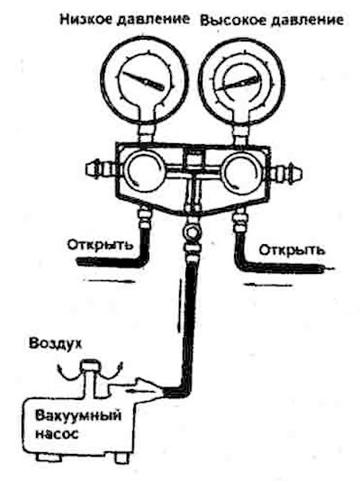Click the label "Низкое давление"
pyautogui.click(x=124, y=19)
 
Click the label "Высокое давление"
pyautogui.click(x=272, y=20)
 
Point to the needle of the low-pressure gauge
pyautogui.click(x=143, y=81)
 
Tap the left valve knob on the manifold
pyautogui.click(x=144, y=171)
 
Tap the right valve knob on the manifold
pyautogui.click(x=242, y=172)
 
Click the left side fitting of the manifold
pyautogui.click(x=100, y=168)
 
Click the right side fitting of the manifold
pyautogui.click(x=286, y=173)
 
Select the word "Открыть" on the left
pyautogui.click(x=101, y=245)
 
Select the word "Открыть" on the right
pyautogui.click(x=292, y=250)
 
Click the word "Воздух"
pyautogui.click(x=56, y=343)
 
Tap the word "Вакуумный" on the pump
pyautogui.click(x=78, y=416)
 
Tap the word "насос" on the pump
pyautogui.click(x=57, y=434)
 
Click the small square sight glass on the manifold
pyautogui.click(x=192, y=159)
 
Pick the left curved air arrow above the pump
pyautogui.click(x=67, y=371)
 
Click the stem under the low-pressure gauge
pyautogui.click(x=147, y=132)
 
